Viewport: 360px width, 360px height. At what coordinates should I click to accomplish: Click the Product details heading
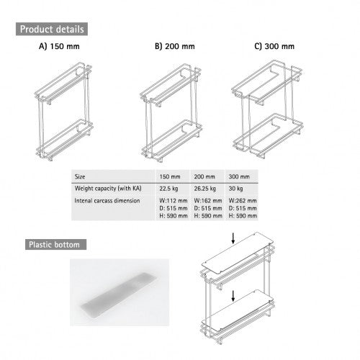click(x=52, y=30)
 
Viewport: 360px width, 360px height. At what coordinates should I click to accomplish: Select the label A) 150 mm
click(x=59, y=46)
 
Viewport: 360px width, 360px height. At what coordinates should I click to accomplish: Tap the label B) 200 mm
click(x=175, y=46)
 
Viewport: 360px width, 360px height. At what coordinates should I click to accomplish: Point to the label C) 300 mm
click(x=274, y=46)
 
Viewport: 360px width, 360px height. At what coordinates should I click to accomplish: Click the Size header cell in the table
click(x=80, y=177)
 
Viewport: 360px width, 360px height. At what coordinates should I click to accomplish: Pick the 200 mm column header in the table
click(x=204, y=177)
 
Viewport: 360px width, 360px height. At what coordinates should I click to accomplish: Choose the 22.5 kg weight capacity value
click(x=168, y=189)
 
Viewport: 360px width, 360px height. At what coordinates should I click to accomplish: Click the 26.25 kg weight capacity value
click(x=205, y=189)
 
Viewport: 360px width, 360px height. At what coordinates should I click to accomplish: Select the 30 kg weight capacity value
click(x=235, y=189)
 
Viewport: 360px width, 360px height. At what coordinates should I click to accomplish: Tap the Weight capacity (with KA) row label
click(x=108, y=189)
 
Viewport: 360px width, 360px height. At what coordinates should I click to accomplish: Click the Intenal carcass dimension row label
click(x=107, y=201)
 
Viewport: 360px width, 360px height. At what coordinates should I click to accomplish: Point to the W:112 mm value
click(x=174, y=201)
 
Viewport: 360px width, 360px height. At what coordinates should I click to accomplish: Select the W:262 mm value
click(x=243, y=201)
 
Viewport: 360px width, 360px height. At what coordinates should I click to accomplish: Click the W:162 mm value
click(x=208, y=201)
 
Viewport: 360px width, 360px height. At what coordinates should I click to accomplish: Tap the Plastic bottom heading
click(x=54, y=245)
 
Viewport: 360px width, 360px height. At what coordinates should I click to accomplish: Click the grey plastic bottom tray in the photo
click(x=119, y=295)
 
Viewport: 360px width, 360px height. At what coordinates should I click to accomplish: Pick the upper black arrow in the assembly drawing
click(x=233, y=238)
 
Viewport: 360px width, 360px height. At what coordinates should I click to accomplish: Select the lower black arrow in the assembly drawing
click(x=233, y=296)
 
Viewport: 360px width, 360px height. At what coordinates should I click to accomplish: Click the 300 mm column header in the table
click(x=239, y=177)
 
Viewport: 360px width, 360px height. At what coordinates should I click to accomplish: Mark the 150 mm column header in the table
click(x=170, y=177)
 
